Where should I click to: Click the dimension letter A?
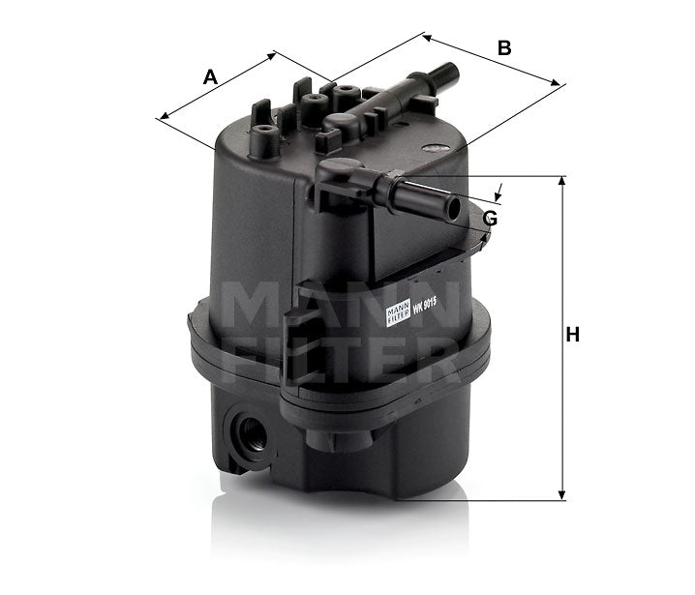coord(210,77)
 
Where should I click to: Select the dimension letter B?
coord(503,46)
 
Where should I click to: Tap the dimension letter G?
coord(491,218)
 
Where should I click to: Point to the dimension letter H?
coord(572,335)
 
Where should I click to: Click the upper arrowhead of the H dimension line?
coord(561,182)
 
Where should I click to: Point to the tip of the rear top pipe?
coord(452,71)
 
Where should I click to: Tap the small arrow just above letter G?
coord(499,192)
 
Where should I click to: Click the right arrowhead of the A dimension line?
coord(274,55)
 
